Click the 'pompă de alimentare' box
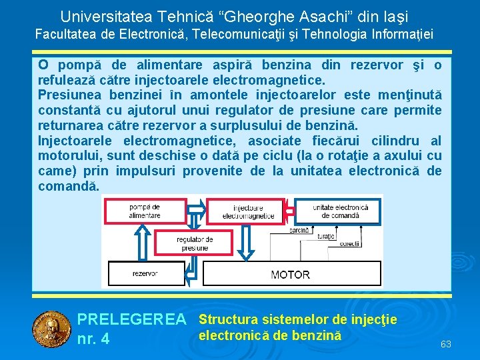click(x=145, y=211)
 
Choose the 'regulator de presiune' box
click(x=195, y=243)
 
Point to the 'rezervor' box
click(x=145, y=273)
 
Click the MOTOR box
click(x=290, y=274)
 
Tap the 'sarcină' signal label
click(x=299, y=229)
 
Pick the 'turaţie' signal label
click(x=326, y=237)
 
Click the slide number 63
click(x=446, y=344)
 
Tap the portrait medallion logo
click(x=51, y=329)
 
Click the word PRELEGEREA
click(x=132, y=320)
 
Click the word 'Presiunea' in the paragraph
click(x=71, y=95)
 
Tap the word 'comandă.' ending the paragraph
click(x=69, y=186)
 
